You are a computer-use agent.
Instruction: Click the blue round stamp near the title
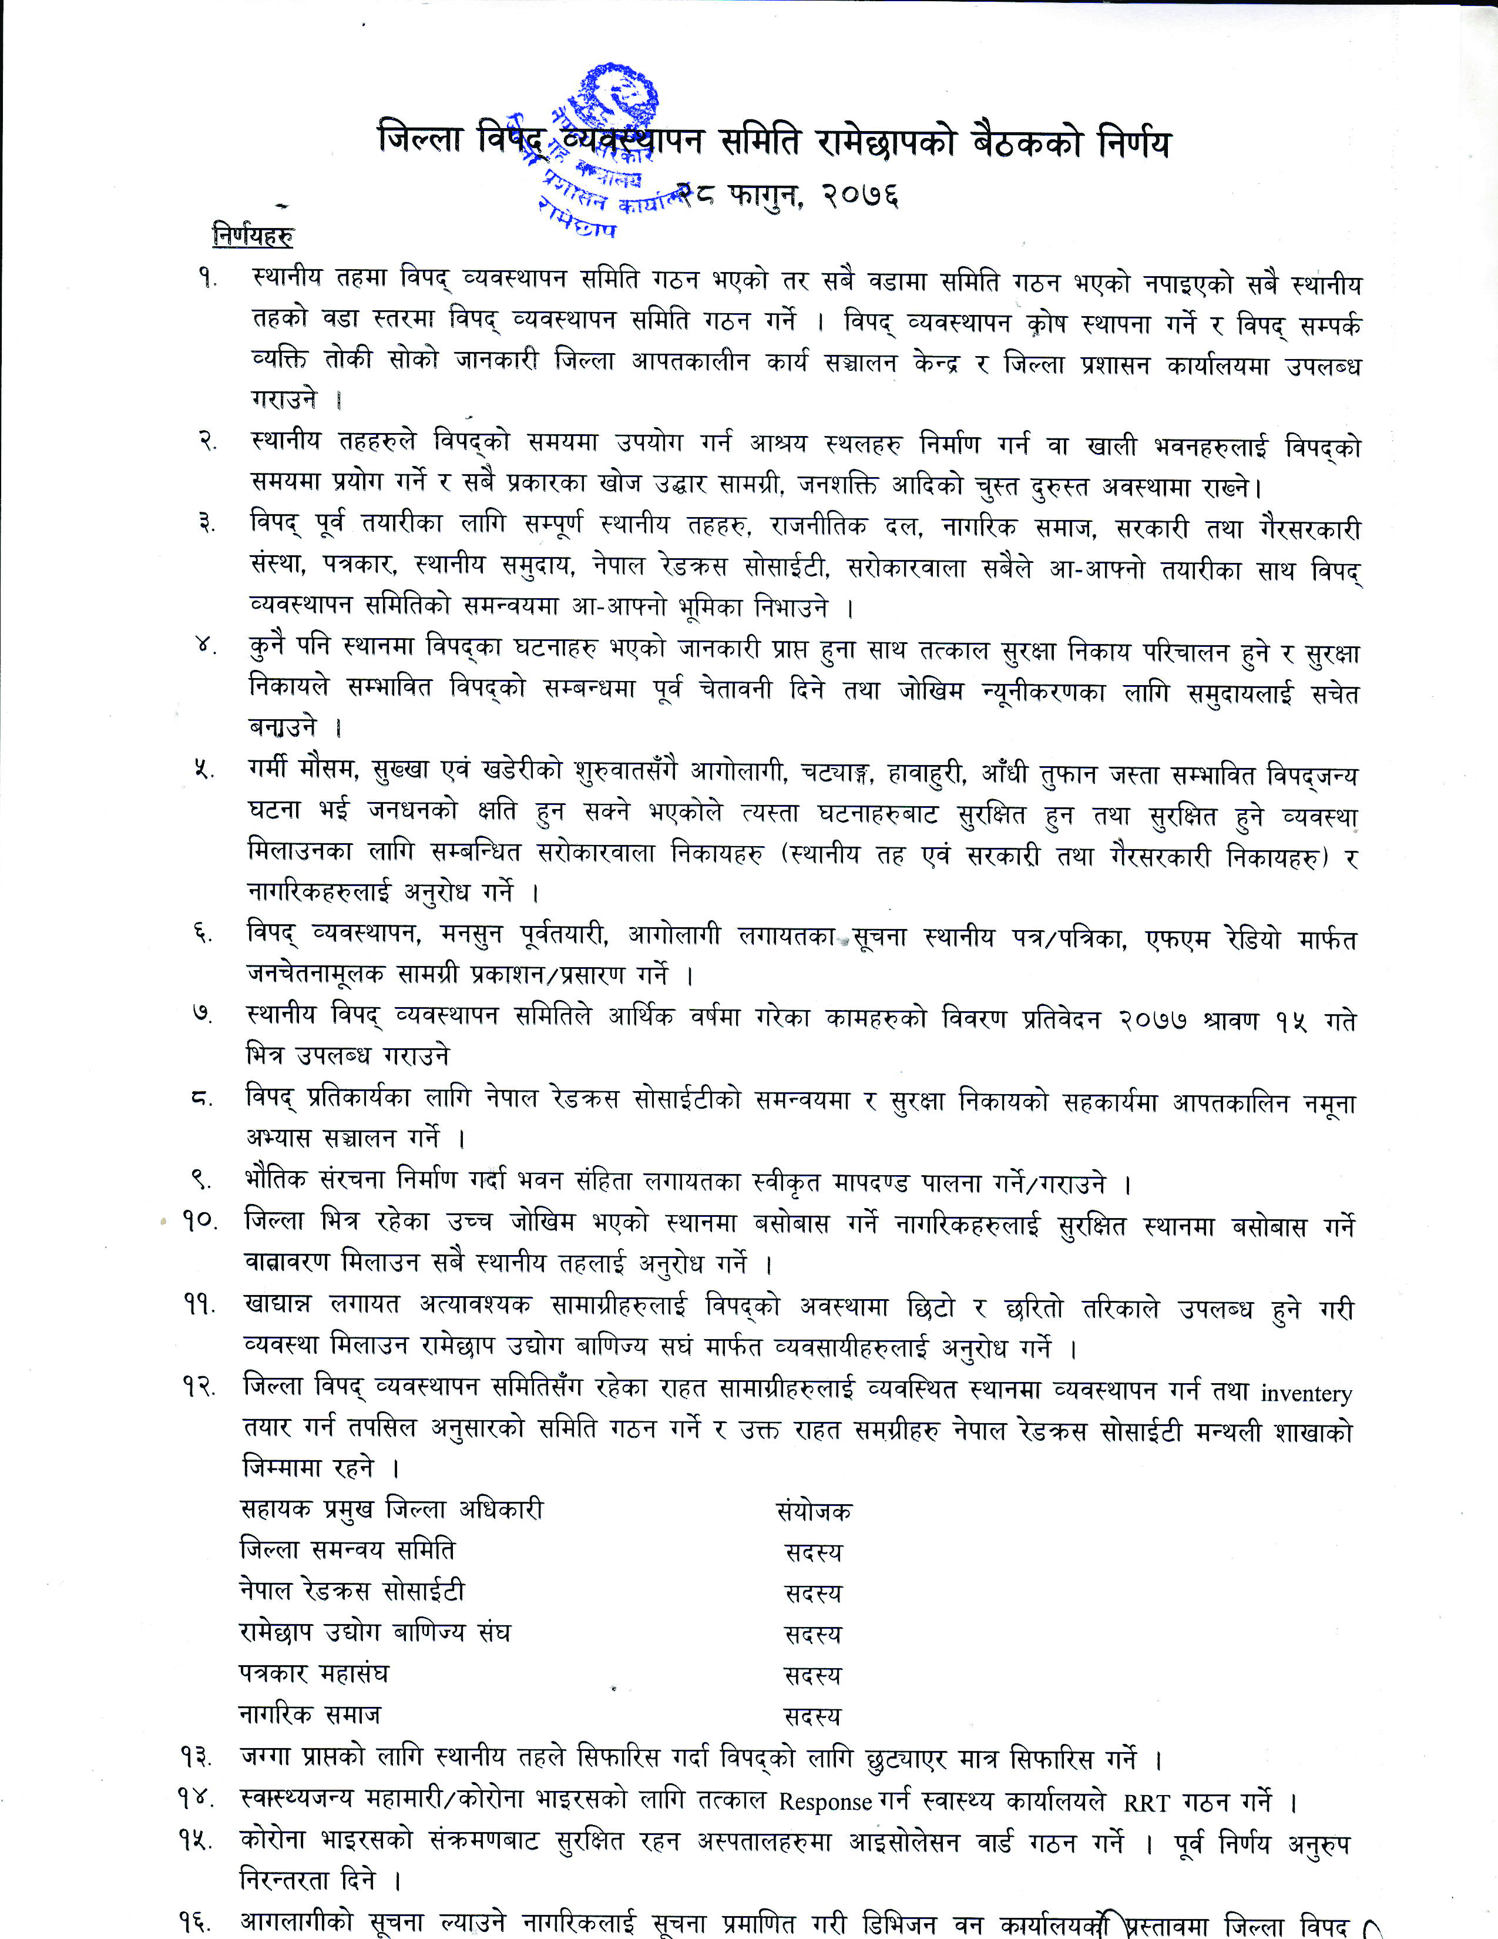pyautogui.click(x=603, y=146)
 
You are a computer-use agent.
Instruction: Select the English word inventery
pyautogui.click(x=1305, y=1394)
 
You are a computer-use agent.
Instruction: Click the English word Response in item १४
pyautogui.click(x=825, y=1802)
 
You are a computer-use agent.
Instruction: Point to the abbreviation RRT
pyautogui.click(x=1152, y=1802)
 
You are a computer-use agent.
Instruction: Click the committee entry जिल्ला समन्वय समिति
pyautogui.click(x=347, y=1550)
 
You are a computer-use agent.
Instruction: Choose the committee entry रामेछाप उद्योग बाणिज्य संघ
pyautogui.click(x=375, y=1633)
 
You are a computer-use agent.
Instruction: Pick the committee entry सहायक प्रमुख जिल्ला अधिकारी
pyautogui.click(x=391, y=1509)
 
